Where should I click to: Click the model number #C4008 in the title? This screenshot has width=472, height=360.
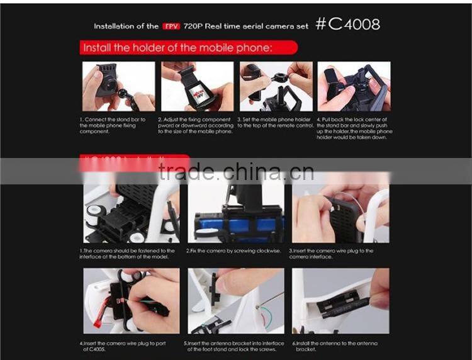[x=347, y=25]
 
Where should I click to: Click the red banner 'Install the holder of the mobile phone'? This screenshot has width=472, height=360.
[x=187, y=48]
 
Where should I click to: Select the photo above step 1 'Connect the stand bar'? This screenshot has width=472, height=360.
[x=118, y=86]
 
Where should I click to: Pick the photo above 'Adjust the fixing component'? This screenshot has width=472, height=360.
[x=197, y=86]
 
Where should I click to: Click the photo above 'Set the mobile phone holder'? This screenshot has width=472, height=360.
[x=276, y=86]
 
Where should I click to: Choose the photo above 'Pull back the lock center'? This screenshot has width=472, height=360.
[x=354, y=86]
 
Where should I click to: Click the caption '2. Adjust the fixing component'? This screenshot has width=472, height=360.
[x=196, y=125]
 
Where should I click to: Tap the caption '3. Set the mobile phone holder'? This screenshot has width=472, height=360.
[x=275, y=121]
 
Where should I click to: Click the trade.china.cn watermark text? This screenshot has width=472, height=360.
[x=236, y=171]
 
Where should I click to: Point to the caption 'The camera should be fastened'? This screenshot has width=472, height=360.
[x=128, y=253]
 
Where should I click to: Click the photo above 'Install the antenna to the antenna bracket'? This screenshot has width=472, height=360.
[x=340, y=301]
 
